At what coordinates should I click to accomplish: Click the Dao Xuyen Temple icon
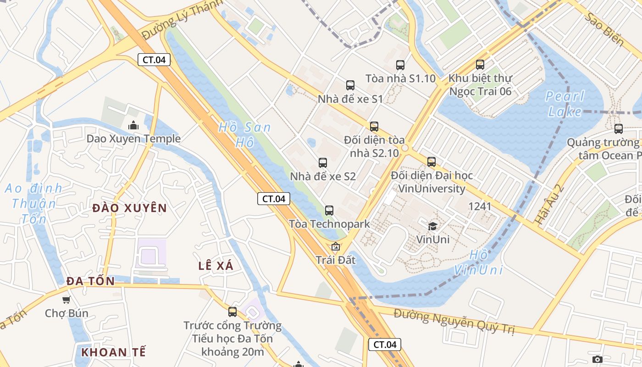pyautogui.click(x=133, y=125)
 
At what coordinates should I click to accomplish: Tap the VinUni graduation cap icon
pyautogui.click(x=432, y=226)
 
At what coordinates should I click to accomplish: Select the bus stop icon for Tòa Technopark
pyautogui.click(x=329, y=211)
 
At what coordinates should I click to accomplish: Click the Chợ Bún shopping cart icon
pyautogui.click(x=66, y=300)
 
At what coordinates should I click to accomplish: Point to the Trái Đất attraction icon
pyautogui.click(x=336, y=247)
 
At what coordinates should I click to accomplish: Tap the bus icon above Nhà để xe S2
pyautogui.click(x=323, y=162)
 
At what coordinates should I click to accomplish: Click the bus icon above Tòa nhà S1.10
pyautogui.click(x=400, y=65)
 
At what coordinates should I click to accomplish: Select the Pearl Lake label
pyautogui.click(x=566, y=104)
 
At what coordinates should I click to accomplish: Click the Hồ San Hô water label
pyautogui.click(x=244, y=134)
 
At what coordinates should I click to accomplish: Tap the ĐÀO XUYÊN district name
pyautogui.click(x=129, y=208)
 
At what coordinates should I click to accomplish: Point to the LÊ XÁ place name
pyautogui.click(x=216, y=266)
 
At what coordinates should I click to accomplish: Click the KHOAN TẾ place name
pyautogui.click(x=114, y=352)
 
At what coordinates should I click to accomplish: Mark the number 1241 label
pyautogui.click(x=480, y=206)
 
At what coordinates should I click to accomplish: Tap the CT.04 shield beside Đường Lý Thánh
pyautogui.click(x=154, y=59)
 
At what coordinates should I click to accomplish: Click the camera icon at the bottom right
pyautogui.click(x=597, y=359)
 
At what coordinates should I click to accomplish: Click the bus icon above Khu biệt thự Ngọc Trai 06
pyautogui.click(x=480, y=65)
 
